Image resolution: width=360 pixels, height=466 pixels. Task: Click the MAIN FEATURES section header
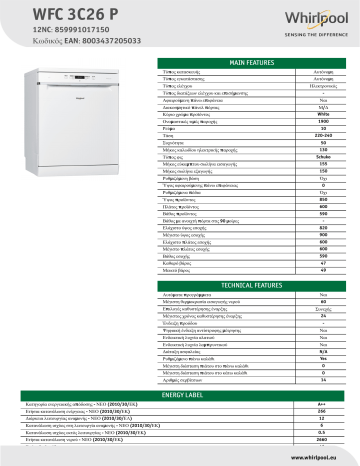252,62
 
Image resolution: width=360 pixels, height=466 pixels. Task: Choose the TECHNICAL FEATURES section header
252,283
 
